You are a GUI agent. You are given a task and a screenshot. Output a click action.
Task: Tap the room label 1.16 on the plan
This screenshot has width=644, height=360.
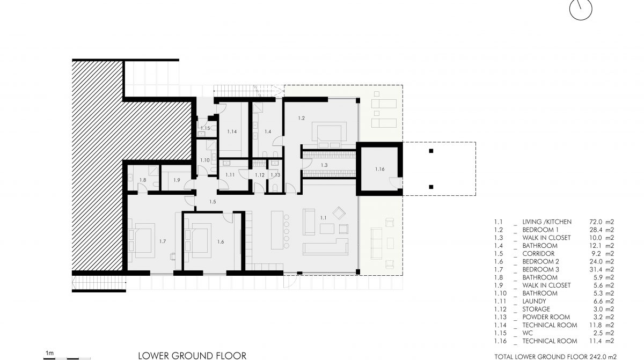tap(379, 169)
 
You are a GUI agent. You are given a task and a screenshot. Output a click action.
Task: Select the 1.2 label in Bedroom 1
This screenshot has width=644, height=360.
tap(301, 118)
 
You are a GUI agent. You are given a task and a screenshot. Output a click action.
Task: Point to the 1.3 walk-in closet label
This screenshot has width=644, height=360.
tap(324, 165)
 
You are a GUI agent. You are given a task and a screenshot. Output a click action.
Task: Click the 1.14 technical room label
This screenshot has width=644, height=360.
tap(232, 131)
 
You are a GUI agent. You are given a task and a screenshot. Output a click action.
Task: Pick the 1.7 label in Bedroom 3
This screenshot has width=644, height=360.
tap(163, 241)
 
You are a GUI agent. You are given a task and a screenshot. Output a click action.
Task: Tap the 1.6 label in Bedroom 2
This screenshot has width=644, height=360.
tap(221, 242)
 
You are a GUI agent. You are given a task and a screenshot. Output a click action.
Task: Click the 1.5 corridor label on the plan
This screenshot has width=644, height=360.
tap(213, 202)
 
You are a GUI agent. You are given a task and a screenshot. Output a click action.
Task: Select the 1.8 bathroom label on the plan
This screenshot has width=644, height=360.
tap(143, 180)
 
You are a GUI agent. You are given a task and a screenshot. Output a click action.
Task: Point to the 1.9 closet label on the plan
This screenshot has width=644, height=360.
tap(177, 180)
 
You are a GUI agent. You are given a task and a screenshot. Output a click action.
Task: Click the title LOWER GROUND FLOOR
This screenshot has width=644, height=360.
tap(192, 356)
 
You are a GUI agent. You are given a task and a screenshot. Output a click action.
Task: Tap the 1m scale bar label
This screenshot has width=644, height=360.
tap(50, 353)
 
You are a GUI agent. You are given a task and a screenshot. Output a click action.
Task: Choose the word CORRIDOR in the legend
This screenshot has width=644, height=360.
tap(538, 254)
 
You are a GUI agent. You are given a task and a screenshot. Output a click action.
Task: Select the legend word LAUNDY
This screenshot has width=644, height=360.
tap(534, 302)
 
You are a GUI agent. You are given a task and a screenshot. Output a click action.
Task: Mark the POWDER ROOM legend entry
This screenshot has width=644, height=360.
tap(546, 317)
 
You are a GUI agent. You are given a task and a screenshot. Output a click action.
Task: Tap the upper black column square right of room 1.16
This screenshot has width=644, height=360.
tap(431, 151)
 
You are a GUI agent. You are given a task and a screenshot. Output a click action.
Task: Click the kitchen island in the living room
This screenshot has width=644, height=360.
tap(277, 230)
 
